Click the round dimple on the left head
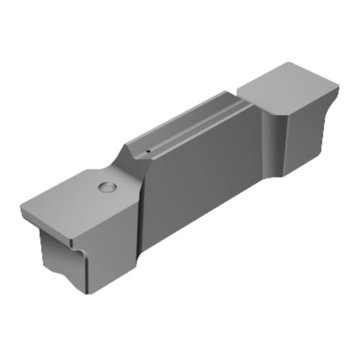(x=107, y=188)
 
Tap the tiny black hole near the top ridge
(x=148, y=152)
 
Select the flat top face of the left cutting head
(x=79, y=206)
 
